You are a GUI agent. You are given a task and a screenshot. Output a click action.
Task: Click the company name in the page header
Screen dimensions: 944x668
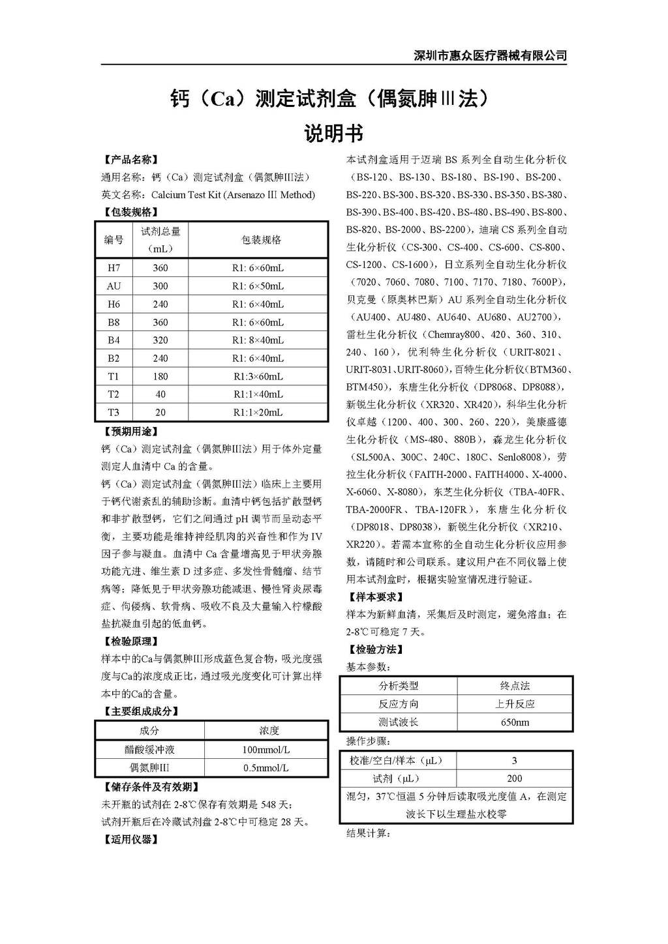(491, 55)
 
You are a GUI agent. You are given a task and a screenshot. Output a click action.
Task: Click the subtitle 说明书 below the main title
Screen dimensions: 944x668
(333, 134)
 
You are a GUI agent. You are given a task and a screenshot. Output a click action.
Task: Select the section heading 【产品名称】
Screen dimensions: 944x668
(130, 160)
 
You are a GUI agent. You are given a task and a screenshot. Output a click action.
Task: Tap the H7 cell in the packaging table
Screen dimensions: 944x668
(114, 268)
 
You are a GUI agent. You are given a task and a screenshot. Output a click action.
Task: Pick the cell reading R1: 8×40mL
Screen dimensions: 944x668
(258, 340)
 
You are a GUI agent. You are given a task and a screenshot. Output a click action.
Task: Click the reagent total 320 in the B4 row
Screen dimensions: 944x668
(160, 340)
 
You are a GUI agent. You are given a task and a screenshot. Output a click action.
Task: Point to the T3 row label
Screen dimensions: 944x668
(114, 413)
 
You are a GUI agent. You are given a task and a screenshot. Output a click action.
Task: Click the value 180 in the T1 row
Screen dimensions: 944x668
(160, 377)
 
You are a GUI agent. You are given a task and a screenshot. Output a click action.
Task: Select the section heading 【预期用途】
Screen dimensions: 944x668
(130, 432)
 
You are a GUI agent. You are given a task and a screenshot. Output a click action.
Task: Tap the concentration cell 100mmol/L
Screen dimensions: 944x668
(266, 750)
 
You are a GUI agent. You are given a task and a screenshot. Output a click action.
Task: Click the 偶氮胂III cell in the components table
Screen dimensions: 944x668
(149, 768)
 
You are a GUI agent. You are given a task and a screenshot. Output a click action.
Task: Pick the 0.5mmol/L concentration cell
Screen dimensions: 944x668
(266, 768)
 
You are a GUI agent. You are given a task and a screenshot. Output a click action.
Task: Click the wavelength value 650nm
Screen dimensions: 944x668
(515, 722)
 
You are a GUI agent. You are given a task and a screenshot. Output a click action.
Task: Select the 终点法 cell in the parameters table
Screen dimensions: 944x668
(515, 686)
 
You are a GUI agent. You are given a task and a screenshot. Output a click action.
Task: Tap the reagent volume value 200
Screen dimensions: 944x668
(515, 778)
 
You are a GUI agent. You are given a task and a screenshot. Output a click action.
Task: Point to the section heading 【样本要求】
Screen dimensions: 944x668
(374, 597)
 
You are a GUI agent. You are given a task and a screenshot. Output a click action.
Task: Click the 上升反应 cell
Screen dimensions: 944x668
(515, 704)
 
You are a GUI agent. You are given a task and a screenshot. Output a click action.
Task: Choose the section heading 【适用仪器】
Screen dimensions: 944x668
(130, 840)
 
